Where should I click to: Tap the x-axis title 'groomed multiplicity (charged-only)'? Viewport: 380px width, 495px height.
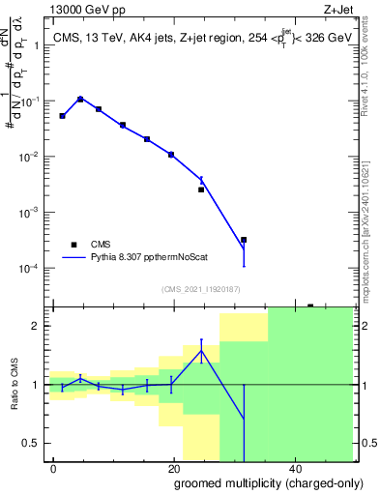(256, 482)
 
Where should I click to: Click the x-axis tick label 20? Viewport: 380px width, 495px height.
(173, 468)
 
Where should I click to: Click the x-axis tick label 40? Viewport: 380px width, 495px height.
(293, 468)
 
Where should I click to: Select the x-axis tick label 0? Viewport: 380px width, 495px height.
(53, 468)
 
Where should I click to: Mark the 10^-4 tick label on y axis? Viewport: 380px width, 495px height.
(35, 268)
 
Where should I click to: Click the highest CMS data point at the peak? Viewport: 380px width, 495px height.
(80, 99)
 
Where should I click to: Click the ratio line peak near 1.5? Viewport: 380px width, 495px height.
(201, 350)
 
